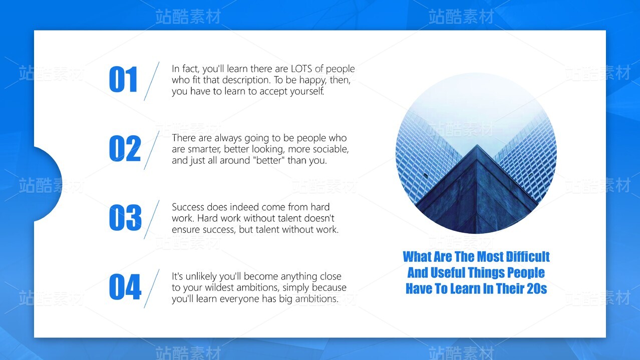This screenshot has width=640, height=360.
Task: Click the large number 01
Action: coord(123,79)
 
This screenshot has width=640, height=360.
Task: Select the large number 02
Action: coord(125,149)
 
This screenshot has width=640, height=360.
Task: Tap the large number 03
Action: coord(125,218)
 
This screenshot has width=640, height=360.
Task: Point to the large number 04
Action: coord(125,287)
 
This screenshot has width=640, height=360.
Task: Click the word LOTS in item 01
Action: coord(301,69)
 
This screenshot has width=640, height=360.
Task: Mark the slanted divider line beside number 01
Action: coord(151,81)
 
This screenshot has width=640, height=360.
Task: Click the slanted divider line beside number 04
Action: coord(151,288)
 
